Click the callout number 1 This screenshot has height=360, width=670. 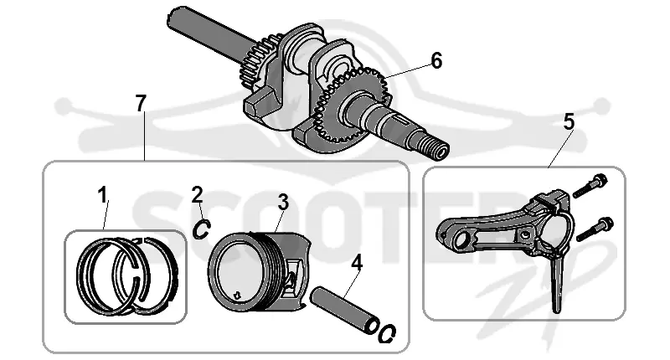tap(102, 196)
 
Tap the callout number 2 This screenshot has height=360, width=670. tap(197, 195)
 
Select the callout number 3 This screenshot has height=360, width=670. tap(283, 202)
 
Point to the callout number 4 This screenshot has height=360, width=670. tap(357, 263)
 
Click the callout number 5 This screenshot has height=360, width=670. tap(569, 122)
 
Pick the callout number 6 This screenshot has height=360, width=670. tap(436, 61)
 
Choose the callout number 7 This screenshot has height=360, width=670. tap(141, 103)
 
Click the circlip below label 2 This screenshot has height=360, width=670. tap(200, 229)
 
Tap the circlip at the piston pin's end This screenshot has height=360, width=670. tap(387, 333)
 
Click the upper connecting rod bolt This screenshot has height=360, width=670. tap(590, 186)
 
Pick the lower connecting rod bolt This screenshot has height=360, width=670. tap(595, 229)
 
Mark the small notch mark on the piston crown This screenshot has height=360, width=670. tap(237, 294)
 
